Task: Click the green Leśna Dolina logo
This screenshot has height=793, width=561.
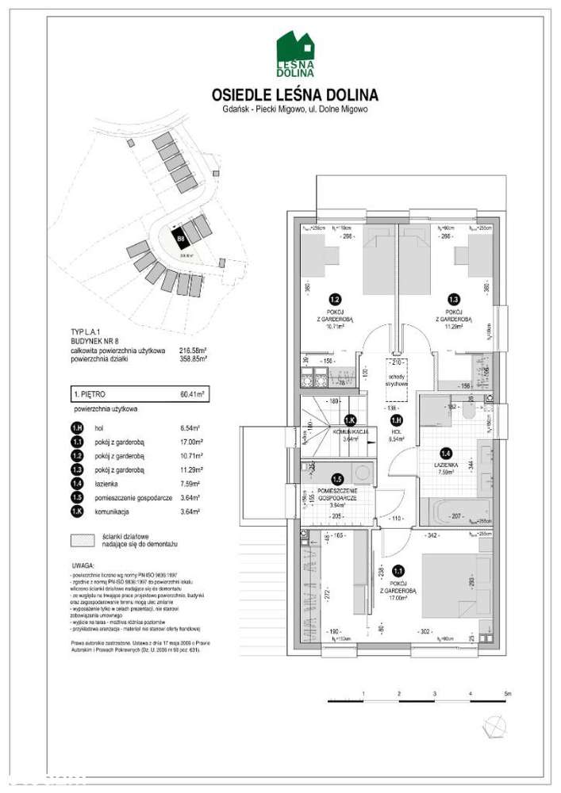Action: (x=295, y=54)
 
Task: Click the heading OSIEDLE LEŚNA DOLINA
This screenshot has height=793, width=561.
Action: (x=295, y=95)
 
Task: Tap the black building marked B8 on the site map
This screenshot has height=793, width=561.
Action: (x=182, y=236)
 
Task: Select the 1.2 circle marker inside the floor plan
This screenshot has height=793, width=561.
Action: (x=335, y=301)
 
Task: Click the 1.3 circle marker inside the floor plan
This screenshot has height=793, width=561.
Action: (x=454, y=301)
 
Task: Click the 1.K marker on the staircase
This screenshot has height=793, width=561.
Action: (x=348, y=421)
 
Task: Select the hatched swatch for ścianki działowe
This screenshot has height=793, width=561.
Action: (x=79, y=541)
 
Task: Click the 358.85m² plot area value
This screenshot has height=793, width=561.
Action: (x=194, y=358)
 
